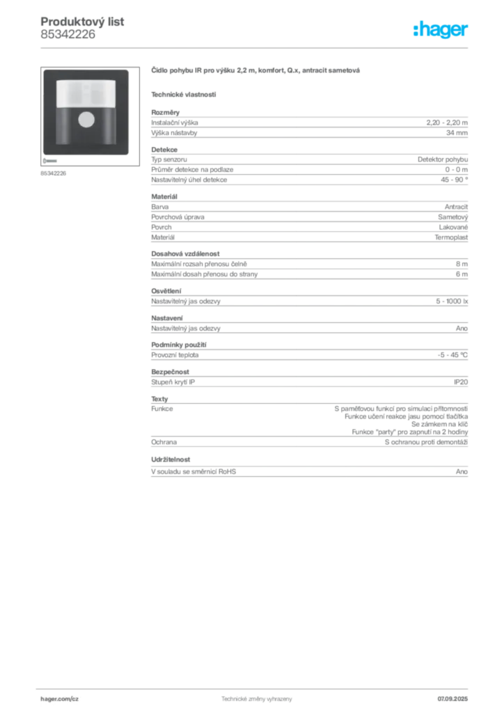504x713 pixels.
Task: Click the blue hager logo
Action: (441, 31)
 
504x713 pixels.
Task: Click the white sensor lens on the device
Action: (86, 93)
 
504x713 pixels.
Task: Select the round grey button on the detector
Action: (86, 119)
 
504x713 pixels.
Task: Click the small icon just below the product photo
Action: (50, 160)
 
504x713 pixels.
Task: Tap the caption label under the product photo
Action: (52, 173)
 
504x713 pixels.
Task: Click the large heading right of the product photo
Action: (255, 71)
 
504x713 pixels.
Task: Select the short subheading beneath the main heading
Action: (184, 94)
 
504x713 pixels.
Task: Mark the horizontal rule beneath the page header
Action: (255, 47)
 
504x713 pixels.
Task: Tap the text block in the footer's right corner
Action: (453, 694)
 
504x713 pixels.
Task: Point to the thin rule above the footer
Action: (255, 687)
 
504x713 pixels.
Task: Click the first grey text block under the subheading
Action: (309, 125)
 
